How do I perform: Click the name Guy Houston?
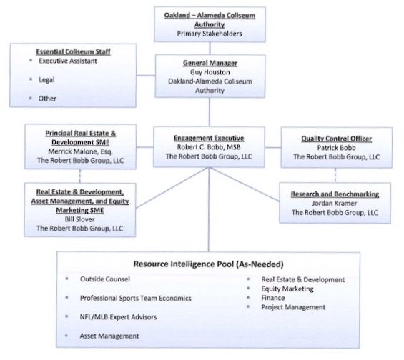(x=209, y=73)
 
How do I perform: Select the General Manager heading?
(x=209, y=63)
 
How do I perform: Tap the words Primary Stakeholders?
(x=209, y=33)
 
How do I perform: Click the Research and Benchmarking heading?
(x=335, y=194)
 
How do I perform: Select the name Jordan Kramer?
(x=335, y=204)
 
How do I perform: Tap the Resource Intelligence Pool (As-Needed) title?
(x=206, y=262)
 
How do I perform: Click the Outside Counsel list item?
(x=105, y=279)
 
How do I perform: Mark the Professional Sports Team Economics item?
(x=136, y=297)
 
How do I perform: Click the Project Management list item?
(x=291, y=307)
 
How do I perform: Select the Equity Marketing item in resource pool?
(x=287, y=289)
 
